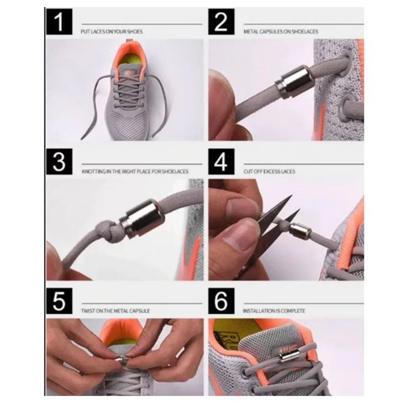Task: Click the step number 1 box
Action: (x=59, y=21)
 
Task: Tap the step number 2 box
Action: (x=222, y=21)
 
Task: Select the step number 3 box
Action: (x=59, y=161)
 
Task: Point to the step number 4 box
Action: (x=222, y=161)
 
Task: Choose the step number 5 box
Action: (x=59, y=301)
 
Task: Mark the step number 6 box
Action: (x=222, y=301)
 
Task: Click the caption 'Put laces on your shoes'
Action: (x=112, y=31)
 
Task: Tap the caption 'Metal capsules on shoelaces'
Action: (x=281, y=31)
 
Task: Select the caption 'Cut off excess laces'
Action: (x=269, y=171)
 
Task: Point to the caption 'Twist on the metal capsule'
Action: (x=115, y=310)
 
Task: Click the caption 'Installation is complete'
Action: (x=274, y=310)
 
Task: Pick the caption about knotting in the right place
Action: (x=135, y=171)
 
